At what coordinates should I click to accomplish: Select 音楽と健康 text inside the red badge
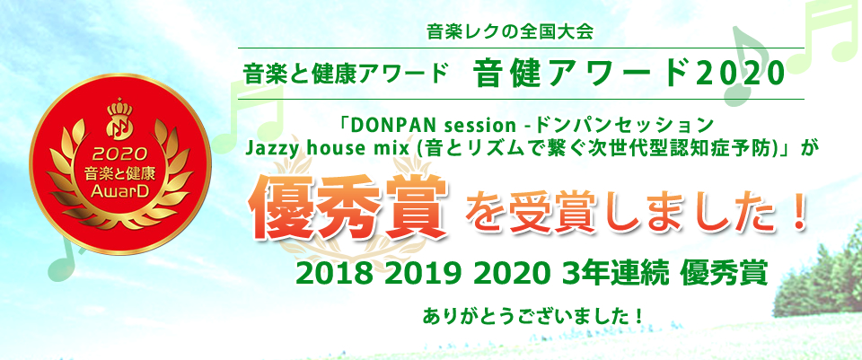pyautogui.click(x=119, y=172)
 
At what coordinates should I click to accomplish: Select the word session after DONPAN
pyautogui.click(x=461, y=126)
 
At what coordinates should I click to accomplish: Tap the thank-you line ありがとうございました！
pyautogui.click(x=532, y=317)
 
